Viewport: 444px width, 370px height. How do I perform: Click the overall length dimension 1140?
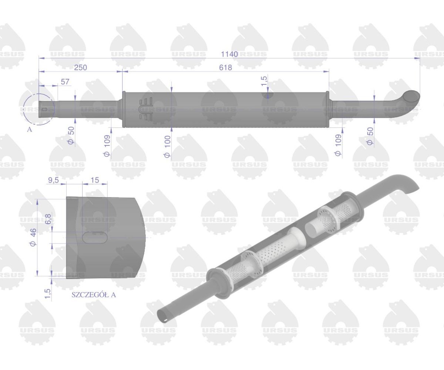(x=229, y=54)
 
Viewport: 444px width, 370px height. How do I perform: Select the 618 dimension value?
(x=225, y=67)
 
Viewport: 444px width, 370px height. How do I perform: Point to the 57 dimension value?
(x=65, y=81)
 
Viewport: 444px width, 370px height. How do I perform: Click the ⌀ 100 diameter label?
(x=167, y=147)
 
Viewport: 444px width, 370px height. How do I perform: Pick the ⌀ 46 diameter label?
(x=33, y=238)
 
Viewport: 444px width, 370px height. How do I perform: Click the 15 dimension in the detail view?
(x=95, y=180)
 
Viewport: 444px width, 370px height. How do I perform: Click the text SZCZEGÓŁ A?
(x=94, y=295)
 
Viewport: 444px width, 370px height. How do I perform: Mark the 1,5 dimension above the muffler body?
(x=264, y=81)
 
